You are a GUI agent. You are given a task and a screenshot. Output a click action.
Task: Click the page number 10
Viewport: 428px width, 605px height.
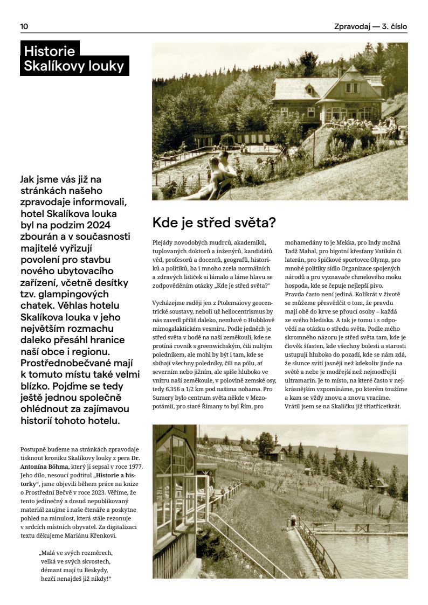tap(24, 26)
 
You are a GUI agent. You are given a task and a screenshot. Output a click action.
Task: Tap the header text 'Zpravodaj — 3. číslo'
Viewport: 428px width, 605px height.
tap(370, 26)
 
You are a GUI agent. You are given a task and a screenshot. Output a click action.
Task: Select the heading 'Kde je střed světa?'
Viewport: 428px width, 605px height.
tap(214, 222)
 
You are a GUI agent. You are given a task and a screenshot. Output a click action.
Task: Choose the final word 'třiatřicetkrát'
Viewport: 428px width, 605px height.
tap(394, 406)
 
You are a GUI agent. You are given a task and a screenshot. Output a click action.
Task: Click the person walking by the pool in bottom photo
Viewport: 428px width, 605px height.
tap(293, 520)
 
